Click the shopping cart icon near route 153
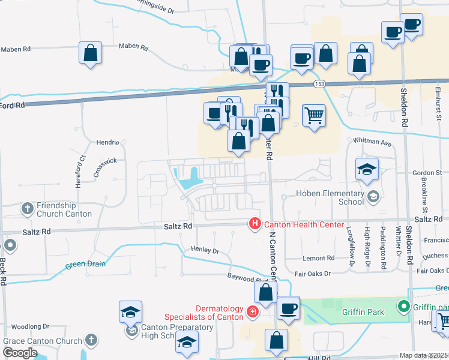[x=314, y=114]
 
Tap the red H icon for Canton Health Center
[x=255, y=224]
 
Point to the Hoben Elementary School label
[x=331, y=197]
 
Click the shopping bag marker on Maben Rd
[x=90, y=53]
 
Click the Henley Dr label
[x=205, y=249]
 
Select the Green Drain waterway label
[x=85, y=263]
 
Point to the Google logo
[x=20, y=353]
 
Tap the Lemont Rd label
[x=318, y=258]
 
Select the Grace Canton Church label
[x=42, y=341]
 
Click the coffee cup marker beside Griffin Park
[x=288, y=308]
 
